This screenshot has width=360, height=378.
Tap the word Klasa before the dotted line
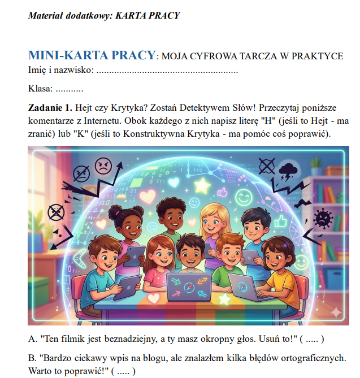(x=40, y=89)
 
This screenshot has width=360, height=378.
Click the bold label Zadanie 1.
(x=50, y=107)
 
